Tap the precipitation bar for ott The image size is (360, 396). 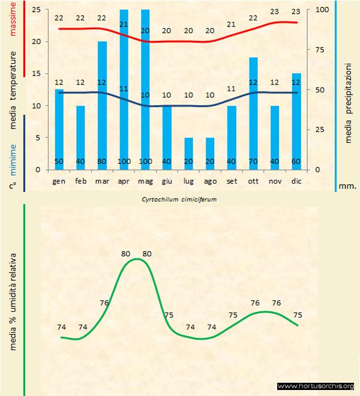253,113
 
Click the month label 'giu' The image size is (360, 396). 167,180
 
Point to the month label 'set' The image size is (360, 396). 232,180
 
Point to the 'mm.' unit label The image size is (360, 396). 347,186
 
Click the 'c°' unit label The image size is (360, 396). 13,186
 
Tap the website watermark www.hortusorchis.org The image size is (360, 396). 317,386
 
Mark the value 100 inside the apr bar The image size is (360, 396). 124,162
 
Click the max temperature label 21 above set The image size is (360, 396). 232,25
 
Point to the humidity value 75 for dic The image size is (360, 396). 298,314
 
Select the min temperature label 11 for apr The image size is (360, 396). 124,89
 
